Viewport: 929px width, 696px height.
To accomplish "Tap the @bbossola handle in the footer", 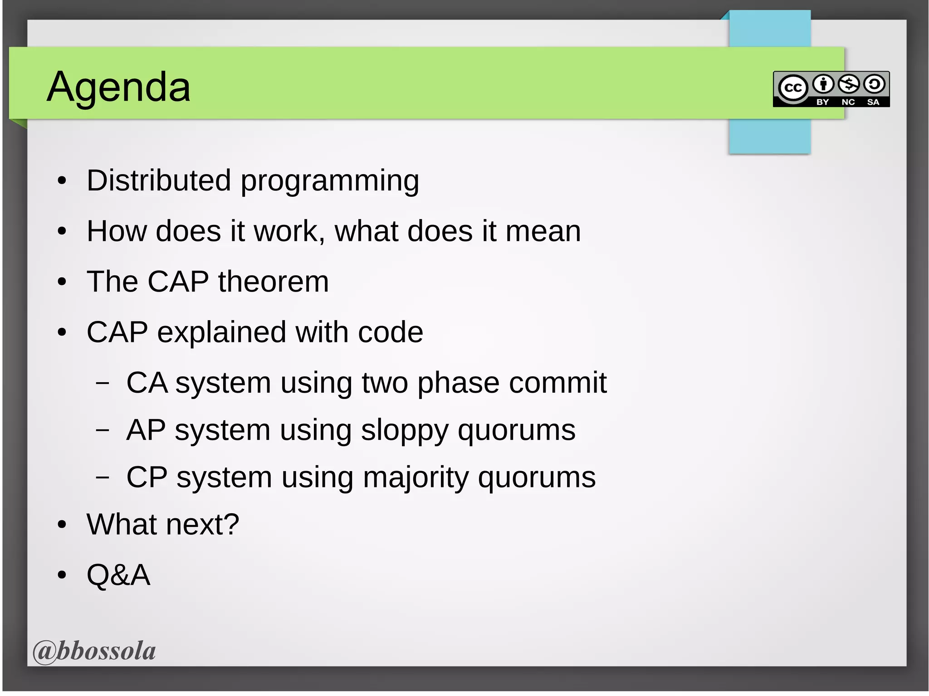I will pyautogui.click(x=94, y=651).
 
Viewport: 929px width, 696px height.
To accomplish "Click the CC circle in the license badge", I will pyautogui.click(x=793, y=88).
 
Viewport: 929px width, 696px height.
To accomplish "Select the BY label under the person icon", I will pyautogui.click(x=822, y=102).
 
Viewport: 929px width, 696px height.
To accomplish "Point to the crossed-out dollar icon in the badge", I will pyautogui.click(x=849, y=84).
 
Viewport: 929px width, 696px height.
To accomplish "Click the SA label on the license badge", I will pyautogui.click(x=873, y=102).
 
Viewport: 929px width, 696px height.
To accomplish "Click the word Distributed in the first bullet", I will pyautogui.click(x=159, y=180).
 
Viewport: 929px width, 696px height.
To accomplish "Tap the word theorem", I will pyautogui.click(x=273, y=282).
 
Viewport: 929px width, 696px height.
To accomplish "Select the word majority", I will pyautogui.click(x=416, y=478).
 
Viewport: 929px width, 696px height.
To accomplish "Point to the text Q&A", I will pyautogui.click(x=118, y=575).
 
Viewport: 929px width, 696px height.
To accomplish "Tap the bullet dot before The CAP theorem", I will pyautogui.click(x=62, y=282).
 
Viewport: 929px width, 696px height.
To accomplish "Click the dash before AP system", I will pyautogui.click(x=103, y=430).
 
